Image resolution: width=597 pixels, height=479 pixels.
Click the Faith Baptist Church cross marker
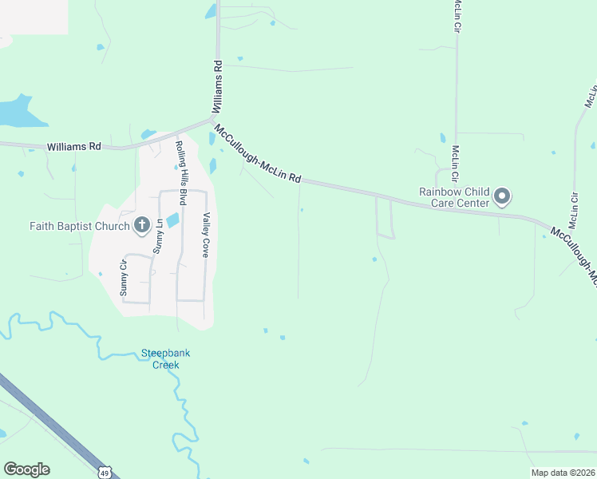[x=142, y=226]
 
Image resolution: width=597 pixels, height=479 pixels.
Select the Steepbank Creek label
[x=160, y=358]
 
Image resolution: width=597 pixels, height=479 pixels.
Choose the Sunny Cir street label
[x=124, y=278]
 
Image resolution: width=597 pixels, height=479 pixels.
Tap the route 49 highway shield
[x=105, y=473]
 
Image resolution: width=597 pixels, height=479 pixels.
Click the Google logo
[x=26, y=469]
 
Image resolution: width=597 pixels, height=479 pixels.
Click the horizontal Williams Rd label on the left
[x=74, y=147]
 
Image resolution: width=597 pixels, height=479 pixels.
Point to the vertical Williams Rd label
[x=217, y=89]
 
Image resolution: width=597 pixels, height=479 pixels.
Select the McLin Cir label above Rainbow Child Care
[x=456, y=163]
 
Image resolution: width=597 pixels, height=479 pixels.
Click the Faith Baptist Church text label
[x=80, y=226]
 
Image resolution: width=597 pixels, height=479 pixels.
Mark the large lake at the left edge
[x=18, y=112]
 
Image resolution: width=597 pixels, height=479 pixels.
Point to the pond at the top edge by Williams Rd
[x=211, y=11]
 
